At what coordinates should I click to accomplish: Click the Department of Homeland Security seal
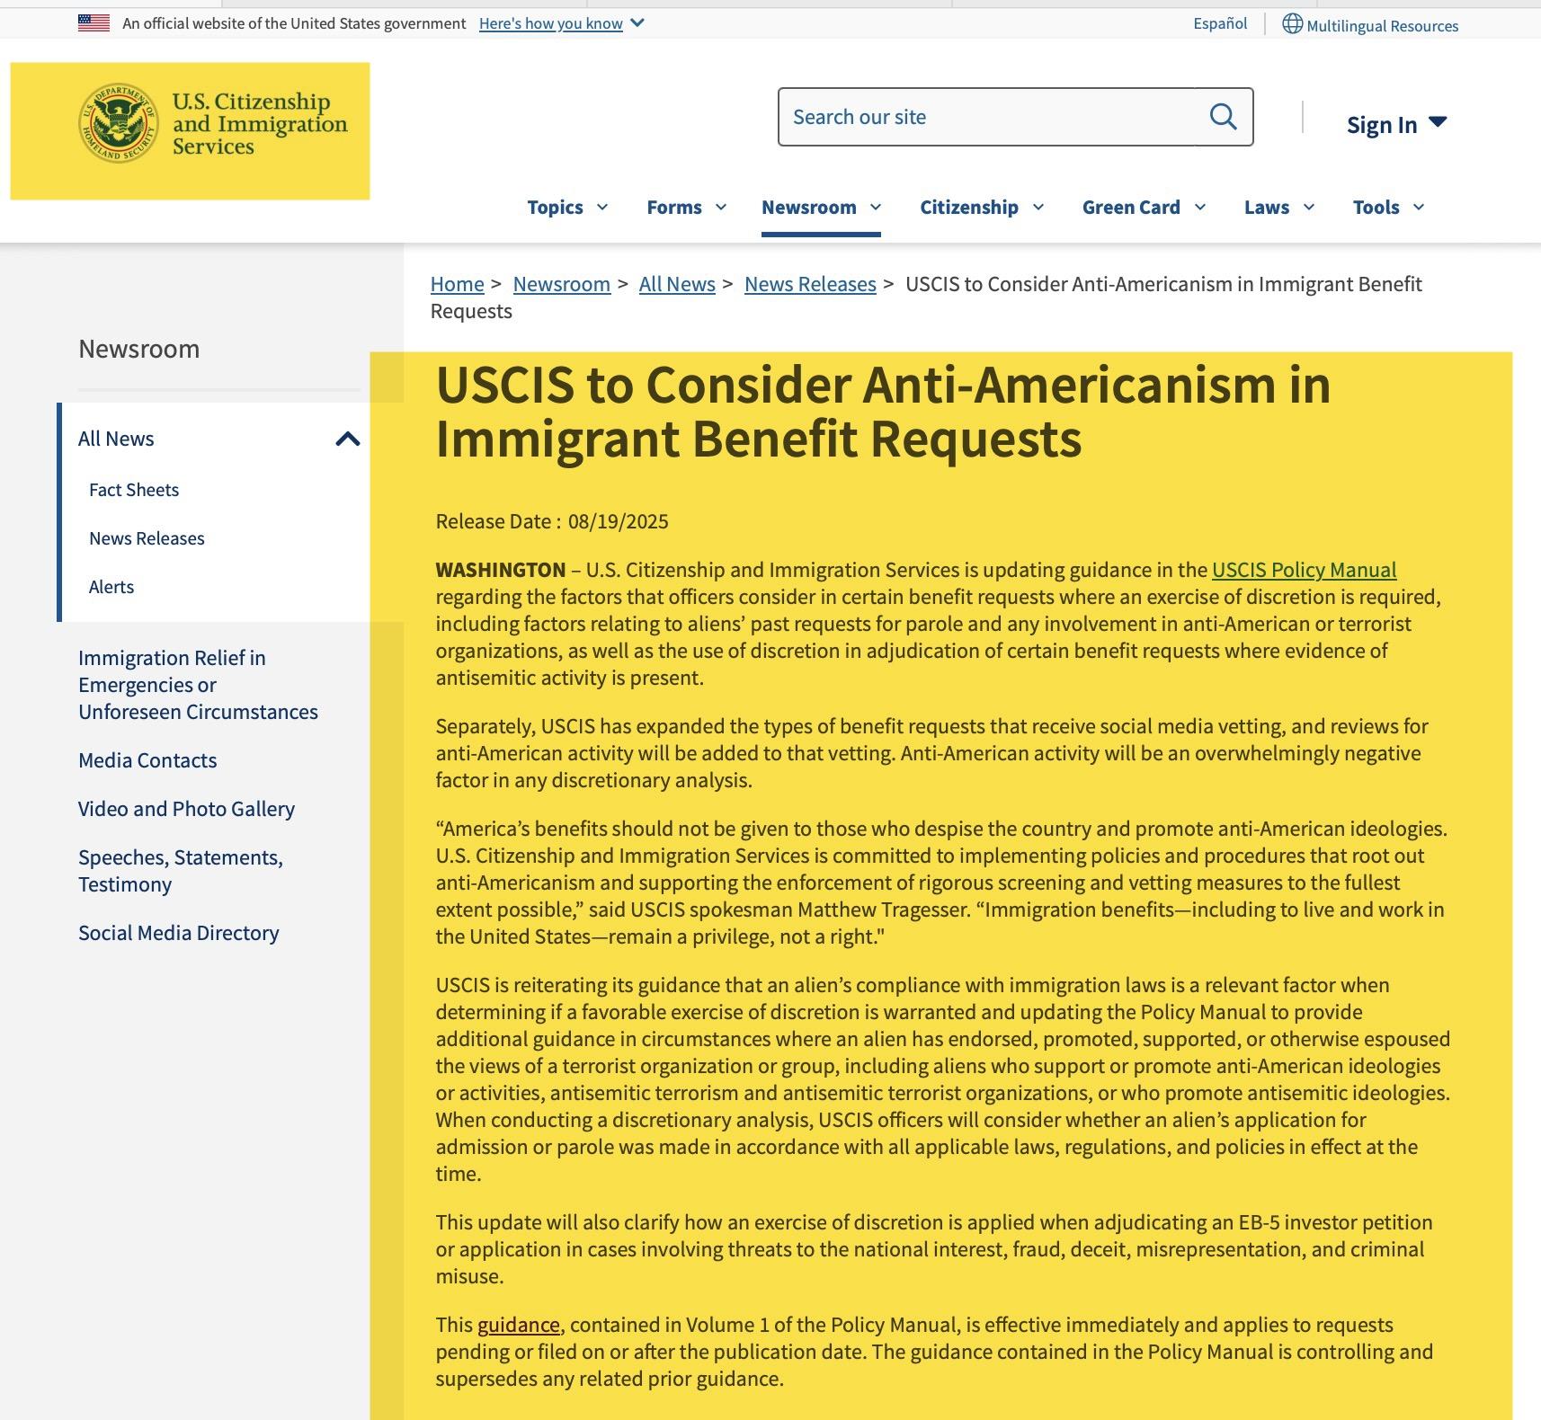pyautogui.click(x=118, y=123)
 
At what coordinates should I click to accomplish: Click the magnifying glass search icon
pyautogui.click(x=1223, y=117)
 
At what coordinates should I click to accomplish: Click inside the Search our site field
pyautogui.click(x=989, y=117)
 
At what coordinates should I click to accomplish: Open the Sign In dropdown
pyautogui.click(x=1395, y=124)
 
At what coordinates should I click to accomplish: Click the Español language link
pyautogui.click(x=1220, y=23)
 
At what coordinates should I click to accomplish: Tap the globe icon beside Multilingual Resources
pyautogui.click(x=1292, y=23)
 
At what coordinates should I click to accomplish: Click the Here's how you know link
pyautogui.click(x=550, y=23)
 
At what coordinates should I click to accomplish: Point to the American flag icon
pyautogui.click(x=94, y=23)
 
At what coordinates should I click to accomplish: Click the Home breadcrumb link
pyautogui.click(x=457, y=284)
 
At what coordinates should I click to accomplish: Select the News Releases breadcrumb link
pyautogui.click(x=810, y=284)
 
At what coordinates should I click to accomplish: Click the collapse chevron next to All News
pyautogui.click(x=347, y=439)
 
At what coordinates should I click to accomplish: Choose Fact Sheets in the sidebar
pyautogui.click(x=134, y=490)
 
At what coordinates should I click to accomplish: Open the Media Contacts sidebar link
pyautogui.click(x=147, y=760)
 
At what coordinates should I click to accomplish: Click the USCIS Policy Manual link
pyautogui.click(x=1304, y=570)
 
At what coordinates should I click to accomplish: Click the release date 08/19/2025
pyautogui.click(x=618, y=521)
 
